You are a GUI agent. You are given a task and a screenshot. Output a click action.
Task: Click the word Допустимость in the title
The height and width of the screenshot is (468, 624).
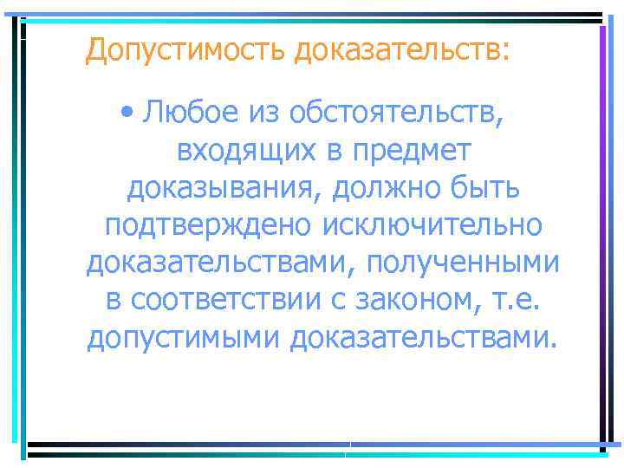tap(185, 49)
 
